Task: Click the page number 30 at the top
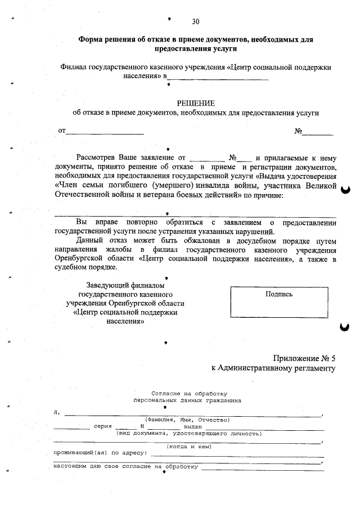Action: click(x=195, y=22)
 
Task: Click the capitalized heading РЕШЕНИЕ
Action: click(x=196, y=103)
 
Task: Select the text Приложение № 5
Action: click(x=304, y=358)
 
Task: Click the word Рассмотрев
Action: click(x=96, y=158)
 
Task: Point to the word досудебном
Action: click(x=251, y=240)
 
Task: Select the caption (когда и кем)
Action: click(x=189, y=446)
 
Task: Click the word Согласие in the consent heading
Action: click(x=164, y=394)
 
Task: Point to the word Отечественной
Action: click(x=83, y=195)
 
